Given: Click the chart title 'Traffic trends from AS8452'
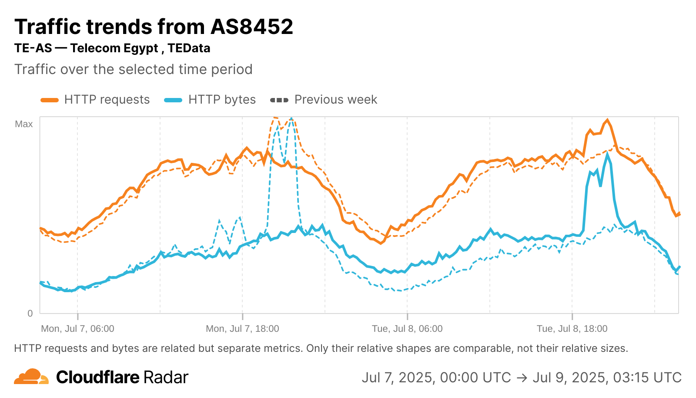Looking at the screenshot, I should tap(154, 27).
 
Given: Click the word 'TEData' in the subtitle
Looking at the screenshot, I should tap(189, 48).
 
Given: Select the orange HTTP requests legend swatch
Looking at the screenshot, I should tap(50, 100).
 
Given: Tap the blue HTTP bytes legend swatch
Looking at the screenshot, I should tap(173, 100).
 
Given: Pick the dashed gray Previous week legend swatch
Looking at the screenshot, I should tap(279, 100).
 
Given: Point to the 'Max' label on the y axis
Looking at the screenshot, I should tap(24, 124).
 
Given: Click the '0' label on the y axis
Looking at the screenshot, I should tap(30, 313).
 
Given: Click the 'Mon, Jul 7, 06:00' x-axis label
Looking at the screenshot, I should tap(77, 329).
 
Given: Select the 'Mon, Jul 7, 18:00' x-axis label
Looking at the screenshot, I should tap(242, 329).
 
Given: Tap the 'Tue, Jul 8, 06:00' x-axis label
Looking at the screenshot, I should tap(407, 329).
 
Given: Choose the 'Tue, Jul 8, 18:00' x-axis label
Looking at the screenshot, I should tap(572, 329).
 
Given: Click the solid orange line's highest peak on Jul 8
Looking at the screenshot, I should tap(607, 120).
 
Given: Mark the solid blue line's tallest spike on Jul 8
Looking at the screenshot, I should tap(607, 155).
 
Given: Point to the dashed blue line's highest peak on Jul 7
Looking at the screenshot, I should tap(291, 118).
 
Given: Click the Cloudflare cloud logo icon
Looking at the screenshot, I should tap(31, 377).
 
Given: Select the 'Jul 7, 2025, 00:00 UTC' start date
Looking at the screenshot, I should tap(436, 377).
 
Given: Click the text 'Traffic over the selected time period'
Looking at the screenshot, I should tap(134, 69).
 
